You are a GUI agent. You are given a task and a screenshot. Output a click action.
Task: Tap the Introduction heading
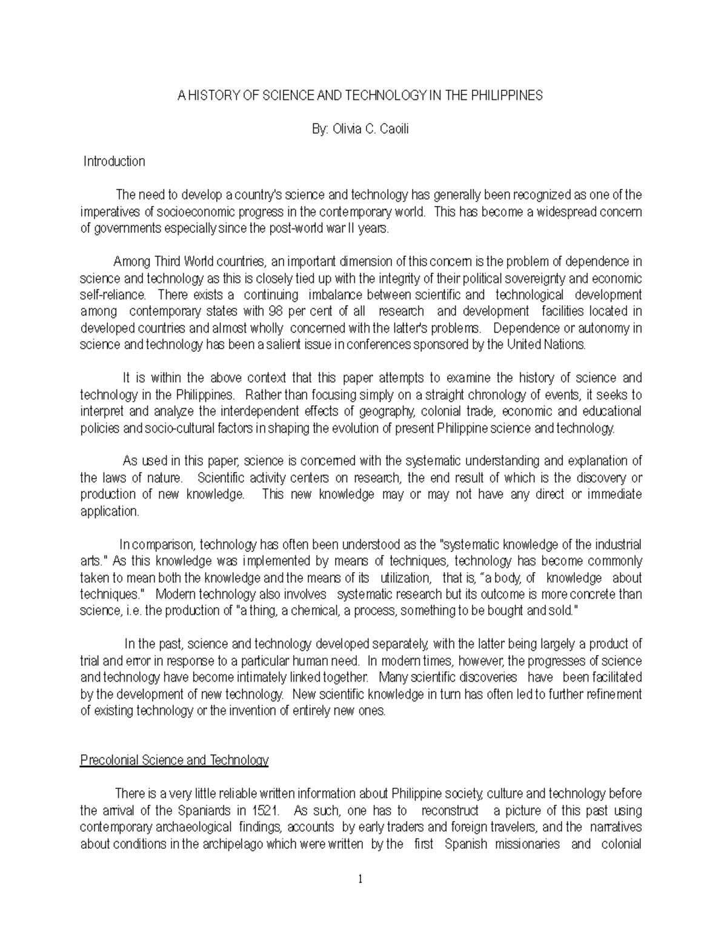click(115, 162)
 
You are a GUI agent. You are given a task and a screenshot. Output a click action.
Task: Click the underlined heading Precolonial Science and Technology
click(174, 760)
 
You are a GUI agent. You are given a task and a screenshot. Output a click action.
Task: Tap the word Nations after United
click(565, 345)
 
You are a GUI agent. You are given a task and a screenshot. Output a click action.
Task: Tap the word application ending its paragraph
click(110, 511)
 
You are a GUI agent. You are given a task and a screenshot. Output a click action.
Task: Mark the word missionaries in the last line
click(526, 844)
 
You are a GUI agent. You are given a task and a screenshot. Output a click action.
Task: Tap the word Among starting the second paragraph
click(132, 262)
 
